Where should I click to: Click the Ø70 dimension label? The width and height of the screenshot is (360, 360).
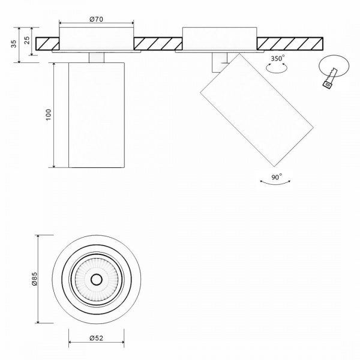97,19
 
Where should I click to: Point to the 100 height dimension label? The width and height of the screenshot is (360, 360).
49,114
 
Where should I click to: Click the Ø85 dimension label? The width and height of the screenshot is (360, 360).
34,278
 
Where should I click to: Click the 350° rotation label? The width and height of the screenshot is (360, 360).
277,59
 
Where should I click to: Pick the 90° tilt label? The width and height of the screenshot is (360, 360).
277,177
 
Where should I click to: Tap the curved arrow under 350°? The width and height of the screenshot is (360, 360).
277,69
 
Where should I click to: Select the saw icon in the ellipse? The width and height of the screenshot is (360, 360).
330,78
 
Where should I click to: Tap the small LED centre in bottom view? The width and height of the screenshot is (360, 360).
96,279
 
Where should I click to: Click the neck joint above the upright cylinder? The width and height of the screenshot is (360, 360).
97,57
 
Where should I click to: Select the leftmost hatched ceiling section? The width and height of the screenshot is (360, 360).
47,44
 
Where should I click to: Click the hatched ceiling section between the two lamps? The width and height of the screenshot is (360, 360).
157,44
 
